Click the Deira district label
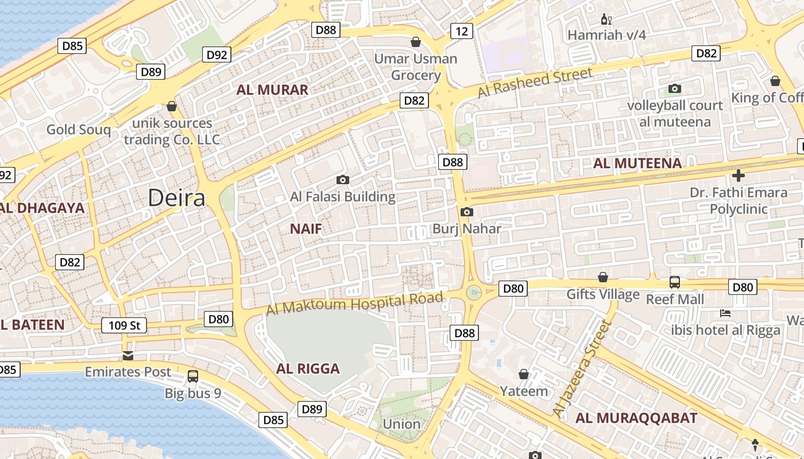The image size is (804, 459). click(x=176, y=198)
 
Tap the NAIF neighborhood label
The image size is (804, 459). click(x=306, y=229)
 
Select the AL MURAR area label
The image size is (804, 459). click(x=272, y=90)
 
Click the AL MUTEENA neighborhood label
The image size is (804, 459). click(x=637, y=164)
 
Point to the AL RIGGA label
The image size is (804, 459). click(x=308, y=368)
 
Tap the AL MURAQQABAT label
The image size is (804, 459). click(x=636, y=418)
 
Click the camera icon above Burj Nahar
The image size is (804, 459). click(x=467, y=212)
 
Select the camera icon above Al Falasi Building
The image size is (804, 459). click(x=342, y=180)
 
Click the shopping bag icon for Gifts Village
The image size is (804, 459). click(x=602, y=278)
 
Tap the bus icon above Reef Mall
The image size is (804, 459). click(x=675, y=282)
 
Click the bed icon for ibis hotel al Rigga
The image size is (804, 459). click(x=725, y=313)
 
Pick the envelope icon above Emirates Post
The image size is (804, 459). click(x=128, y=355)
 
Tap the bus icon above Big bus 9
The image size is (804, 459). click(x=193, y=376)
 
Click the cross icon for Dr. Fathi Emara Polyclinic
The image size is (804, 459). click(x=739, y=175)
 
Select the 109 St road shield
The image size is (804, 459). click(x=124, y=326)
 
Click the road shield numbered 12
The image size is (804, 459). click(x=461, y=31)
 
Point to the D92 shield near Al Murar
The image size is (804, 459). click(x=217, y=55)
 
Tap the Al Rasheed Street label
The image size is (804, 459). click(x=534, y=82)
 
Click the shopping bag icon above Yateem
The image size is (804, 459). click(x=524, y=374)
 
